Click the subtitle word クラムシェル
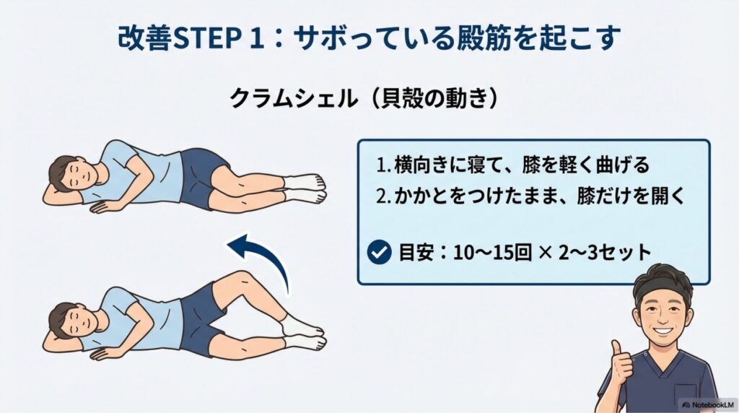[x=292, y=98]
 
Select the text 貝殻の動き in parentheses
[x=434, y=98]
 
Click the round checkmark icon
[x=379, y=252]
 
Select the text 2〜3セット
[x=605, y=253]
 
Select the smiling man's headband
[x=662, y=286]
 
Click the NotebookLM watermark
[x=709, y=404]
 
